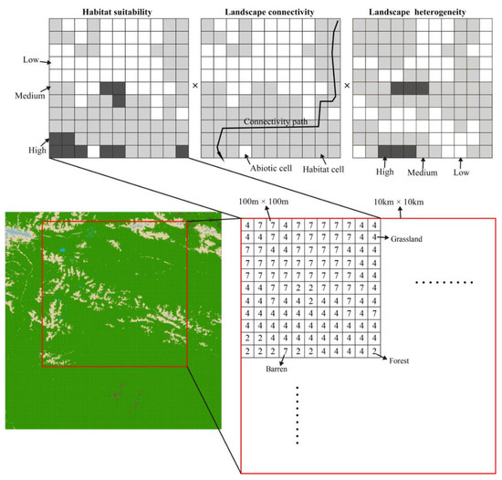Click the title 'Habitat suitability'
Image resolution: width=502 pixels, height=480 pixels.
click(x=117, y=12)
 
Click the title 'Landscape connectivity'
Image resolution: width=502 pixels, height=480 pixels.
click(x=269, y=12)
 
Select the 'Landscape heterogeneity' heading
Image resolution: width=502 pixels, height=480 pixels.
click(x=417, y=12)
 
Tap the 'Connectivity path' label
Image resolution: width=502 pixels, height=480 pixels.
click(x=276, y=121)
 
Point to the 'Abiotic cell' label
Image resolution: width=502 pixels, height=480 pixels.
click(x=271, y=168)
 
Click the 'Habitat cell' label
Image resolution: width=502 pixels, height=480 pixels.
click(x=323, y=170)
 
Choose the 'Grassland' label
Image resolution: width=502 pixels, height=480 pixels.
click(x=406, y=239)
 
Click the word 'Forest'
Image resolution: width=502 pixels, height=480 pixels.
click(x=399, y=360)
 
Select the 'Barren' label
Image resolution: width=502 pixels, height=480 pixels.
click(x=277, y=369)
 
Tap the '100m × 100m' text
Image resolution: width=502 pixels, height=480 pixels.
click(x=264, y=202)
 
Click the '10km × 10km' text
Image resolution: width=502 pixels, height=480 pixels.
click(x=399, y=202)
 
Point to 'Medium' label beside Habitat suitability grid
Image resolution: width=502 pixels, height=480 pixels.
click(x=30, y=96)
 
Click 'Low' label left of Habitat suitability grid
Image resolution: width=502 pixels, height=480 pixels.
click(x=31, y=60)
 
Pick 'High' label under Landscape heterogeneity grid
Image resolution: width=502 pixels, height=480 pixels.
click(x=384, y=172)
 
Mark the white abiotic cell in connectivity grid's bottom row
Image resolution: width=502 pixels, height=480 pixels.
click(x=246, y=151)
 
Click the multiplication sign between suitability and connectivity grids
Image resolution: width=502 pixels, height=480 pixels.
click(x=195, y=86)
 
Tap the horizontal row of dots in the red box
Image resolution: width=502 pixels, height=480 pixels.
click(x=444, y=282)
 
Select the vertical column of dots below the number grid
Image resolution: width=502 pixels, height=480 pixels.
click(x=298, y=415)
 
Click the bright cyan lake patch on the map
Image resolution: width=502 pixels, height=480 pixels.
click(x=63, y=250)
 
